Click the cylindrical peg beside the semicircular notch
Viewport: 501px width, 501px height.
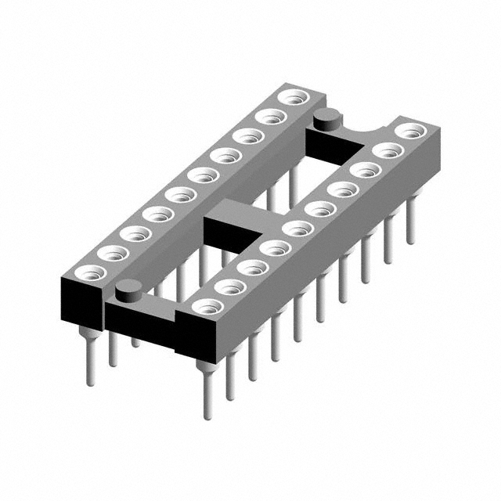[326, 120]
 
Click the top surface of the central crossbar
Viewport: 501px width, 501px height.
[235, 210]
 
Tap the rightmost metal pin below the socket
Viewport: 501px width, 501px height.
[409, 227]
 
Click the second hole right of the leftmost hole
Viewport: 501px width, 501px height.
[135, 234]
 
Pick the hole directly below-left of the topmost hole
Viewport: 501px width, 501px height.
[270, 117]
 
